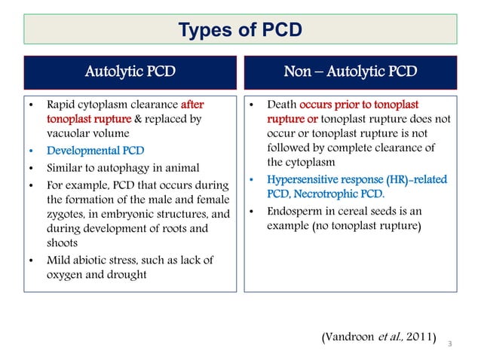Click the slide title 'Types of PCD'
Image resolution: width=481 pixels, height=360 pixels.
(240, 30)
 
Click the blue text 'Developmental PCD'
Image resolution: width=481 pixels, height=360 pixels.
(96, 151)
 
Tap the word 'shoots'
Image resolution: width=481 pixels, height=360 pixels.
(65, 244)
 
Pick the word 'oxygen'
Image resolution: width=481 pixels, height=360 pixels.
(65, 276)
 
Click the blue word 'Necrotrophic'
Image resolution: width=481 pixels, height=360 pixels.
(348, 195)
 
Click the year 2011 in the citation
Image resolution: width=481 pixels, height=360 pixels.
(420, 334)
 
